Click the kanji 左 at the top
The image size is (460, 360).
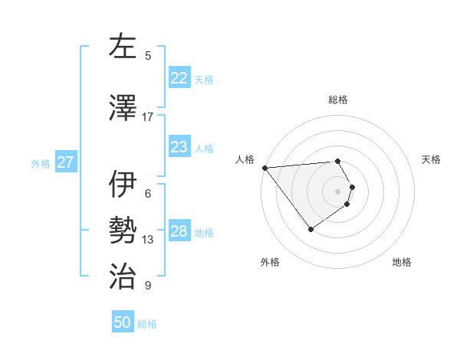pos(123,46)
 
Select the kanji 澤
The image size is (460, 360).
pos(123,107)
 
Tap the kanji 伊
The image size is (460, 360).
pos(123,184)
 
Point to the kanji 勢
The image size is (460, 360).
pos(123,231)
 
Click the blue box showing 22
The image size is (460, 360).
pos(179,78)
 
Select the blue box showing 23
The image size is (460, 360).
pos(179,147)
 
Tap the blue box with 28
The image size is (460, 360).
pos(179,231)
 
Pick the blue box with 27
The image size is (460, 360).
pos(66,162)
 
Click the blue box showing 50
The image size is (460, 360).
pos(123,322)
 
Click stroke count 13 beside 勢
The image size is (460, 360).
pos(148,240)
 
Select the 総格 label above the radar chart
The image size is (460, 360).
pos(338,100)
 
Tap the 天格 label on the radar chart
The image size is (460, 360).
pos(432,159)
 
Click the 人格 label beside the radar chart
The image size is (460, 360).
pos(245,159)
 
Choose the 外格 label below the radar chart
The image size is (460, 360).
pos(270,263)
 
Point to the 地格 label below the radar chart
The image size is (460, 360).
pos(402,263)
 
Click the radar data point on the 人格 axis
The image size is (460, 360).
pos(264,168)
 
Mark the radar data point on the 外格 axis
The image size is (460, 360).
pos(310,229)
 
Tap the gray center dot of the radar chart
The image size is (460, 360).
pos(338,191)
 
